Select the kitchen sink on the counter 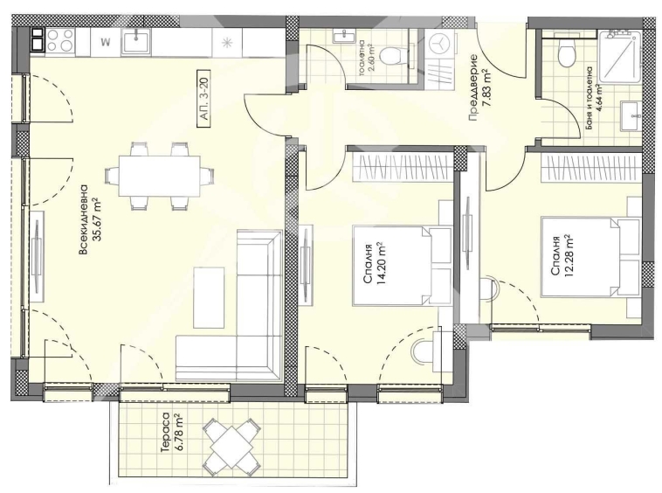point(137,40)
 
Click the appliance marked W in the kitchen point(104,40)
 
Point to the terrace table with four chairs point(233,440)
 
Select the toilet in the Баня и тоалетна point(568,55)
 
